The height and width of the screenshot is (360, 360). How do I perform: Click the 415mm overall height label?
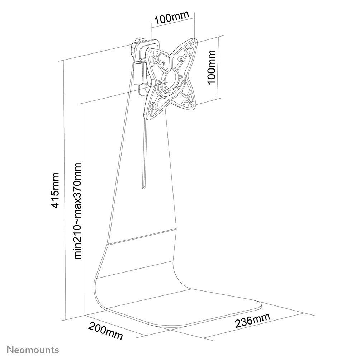point(56,190)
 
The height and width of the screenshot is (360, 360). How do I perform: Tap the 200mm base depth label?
point(106,331)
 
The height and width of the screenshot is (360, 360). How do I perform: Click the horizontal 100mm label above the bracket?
point(171,17)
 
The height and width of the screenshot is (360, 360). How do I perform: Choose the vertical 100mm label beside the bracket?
point(212,67)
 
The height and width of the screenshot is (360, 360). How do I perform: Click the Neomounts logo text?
point(33,350)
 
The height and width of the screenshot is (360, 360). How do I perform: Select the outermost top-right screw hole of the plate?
point(194,43)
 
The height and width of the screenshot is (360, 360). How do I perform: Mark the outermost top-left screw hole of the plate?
point(151,53)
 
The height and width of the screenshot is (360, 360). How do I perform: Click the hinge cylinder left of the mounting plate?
point(138,73)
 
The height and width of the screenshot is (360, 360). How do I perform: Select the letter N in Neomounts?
point(10,350)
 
